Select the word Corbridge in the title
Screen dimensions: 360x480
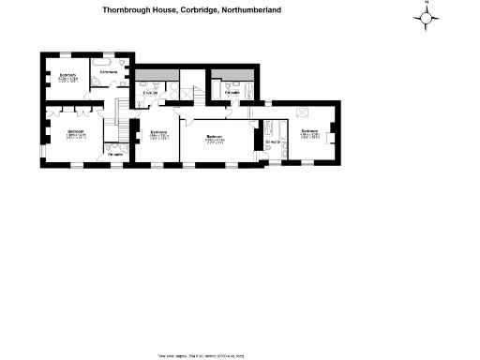click(x=191, y=10)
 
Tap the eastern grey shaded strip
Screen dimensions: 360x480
click(x=232, y=73)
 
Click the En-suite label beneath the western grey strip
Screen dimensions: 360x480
click(x=149, y=92)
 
